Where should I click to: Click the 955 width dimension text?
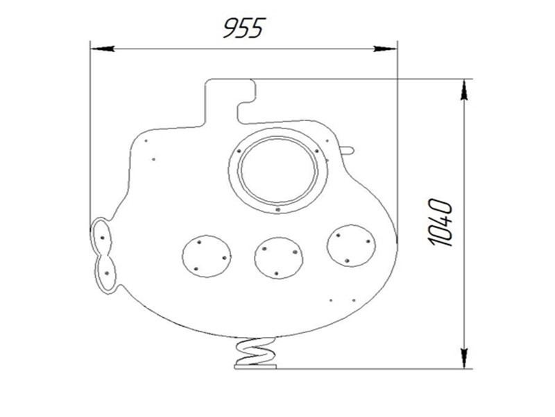tap(244, 28)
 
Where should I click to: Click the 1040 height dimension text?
tap(441, 222)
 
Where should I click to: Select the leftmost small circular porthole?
tap(207, 256)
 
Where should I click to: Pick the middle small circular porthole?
tap(279, 258)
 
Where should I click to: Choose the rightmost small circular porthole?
tap(352, 246)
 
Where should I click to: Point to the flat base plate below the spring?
tap(255, 367)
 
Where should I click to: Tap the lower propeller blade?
tap(105, 274)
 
